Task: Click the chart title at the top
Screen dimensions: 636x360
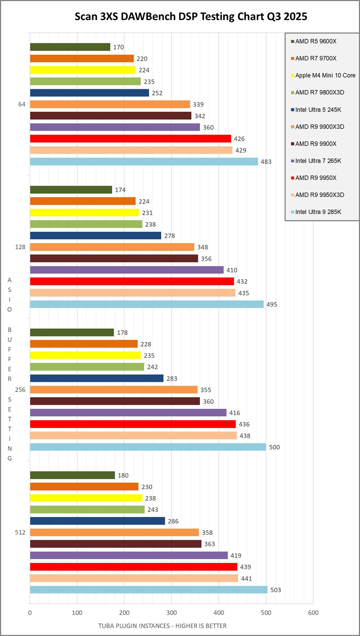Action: click(x=191, y=17)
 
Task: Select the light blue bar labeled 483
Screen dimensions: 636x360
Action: click(x=144, y=162)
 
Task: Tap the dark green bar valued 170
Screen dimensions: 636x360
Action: click(x=70, y=47)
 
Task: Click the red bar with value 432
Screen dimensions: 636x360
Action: click(x=132, y=282)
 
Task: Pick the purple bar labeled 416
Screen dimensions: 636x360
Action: click(x=128, y=413)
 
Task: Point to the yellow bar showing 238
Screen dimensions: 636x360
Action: click(x=86, y=498)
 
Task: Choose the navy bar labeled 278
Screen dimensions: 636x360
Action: click(x=95, y=236)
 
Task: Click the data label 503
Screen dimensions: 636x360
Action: click(x=276, y=590)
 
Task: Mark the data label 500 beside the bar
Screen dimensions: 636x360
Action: click(x=274, y=447)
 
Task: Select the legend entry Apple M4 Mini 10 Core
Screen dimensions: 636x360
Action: click(x=325, y=75)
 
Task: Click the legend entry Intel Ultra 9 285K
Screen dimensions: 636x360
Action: click(x=318, y=212)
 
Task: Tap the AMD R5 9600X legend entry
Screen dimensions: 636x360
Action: click(x=316, y=41)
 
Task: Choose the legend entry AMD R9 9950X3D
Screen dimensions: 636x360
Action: click(x=320, y=195)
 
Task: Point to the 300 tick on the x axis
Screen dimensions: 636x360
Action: click(x=172, y=613)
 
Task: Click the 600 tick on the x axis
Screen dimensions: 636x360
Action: click(x=313, y=613)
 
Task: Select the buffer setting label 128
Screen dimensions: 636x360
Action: click(x=20, y=247)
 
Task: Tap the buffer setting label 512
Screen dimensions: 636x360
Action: click(x=20, y=532)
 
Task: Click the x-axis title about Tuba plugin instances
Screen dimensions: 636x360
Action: click(x=162, y=626)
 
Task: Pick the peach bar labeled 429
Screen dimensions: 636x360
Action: click(x=131, y=150)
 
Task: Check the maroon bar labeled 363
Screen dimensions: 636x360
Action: click(x=115, y=544)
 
